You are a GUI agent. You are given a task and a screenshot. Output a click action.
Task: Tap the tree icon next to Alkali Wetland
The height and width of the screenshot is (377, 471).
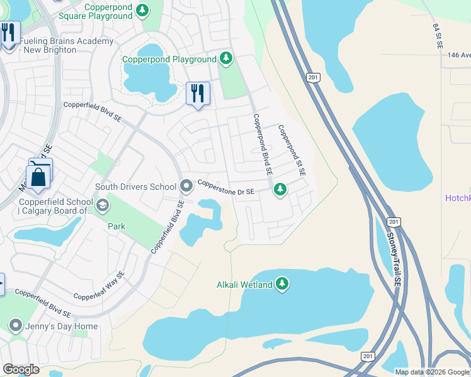(x=283, y=285)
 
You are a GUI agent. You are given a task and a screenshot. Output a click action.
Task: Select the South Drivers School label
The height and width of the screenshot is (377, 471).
(x=135, y=187)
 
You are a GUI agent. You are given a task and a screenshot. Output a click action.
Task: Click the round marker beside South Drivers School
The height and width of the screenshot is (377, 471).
(x=186, y=186)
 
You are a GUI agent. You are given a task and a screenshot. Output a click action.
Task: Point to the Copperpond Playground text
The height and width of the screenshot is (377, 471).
(x=169, y=60)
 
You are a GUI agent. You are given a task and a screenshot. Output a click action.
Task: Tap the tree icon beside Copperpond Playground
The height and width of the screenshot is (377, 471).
(x=226, y=59)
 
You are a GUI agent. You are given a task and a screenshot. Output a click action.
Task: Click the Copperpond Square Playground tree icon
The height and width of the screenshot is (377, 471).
(x=144, y=10)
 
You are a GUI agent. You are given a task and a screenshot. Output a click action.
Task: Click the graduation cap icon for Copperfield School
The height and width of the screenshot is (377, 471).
(x=101, y=205)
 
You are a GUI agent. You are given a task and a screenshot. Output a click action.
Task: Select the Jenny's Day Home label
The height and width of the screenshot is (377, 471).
(x=62, y=326)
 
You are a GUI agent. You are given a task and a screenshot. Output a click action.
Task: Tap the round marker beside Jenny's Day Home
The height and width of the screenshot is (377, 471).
(x=16, y=325)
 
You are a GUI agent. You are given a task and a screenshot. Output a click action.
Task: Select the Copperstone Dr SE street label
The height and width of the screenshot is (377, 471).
(x=225, y=187)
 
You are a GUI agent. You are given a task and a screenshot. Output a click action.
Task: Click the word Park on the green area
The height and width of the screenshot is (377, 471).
(x=116, y=226)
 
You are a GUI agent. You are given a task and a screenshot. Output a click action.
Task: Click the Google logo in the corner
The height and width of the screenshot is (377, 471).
(x=21, y=369)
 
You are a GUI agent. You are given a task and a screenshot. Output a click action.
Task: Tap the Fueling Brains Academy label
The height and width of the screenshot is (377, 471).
(x=66, y=45)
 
